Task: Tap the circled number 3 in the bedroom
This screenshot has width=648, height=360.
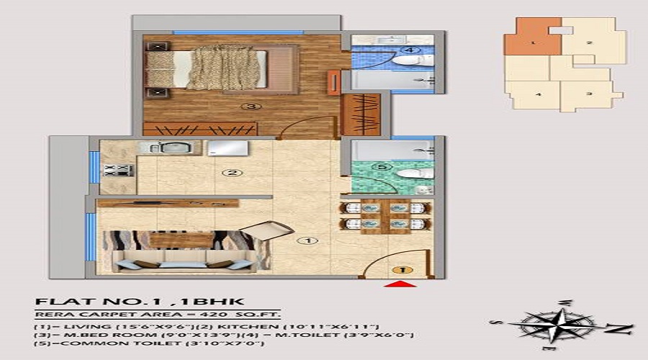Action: coord(251,107)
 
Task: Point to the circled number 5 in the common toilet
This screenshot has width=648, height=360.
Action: coord(384,167)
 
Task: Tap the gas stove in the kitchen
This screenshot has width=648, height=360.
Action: coord(119,171)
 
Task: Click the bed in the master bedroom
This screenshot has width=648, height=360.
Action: coord(209,68)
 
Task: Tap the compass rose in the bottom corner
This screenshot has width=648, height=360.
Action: coord(562,325)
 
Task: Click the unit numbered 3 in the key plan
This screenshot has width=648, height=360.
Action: coord(588,94)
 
